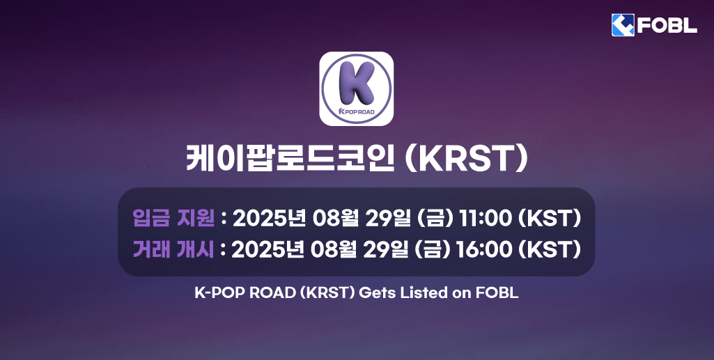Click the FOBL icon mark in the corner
click(622, 25)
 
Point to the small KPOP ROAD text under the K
click(356, 112)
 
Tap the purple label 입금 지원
click(173, 218)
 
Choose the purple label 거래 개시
click(173, 249)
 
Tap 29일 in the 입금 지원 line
click(389, 218)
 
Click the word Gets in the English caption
click(376, 293)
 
